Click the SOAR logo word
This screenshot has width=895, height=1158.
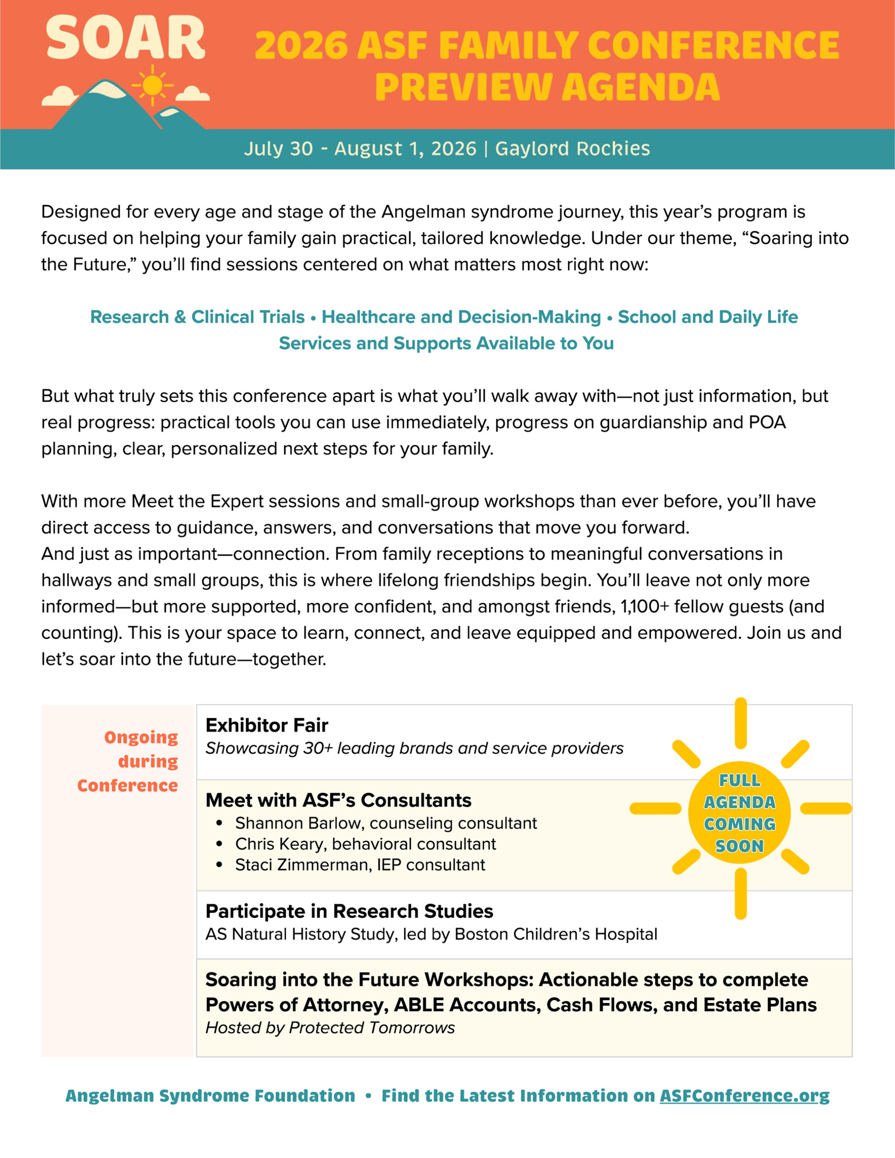(x=125, y=38)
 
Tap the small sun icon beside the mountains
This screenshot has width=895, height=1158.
(x=152, y=85)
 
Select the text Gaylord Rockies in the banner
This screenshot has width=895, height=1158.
(x=572, y=149)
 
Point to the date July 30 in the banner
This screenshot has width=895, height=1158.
(x=279, y=149)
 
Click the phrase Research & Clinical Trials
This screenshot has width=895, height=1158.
(x=197, y=317)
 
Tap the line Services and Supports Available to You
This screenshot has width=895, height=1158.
(x=446, y=344)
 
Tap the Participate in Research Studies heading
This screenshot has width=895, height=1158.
(x=349, y=911)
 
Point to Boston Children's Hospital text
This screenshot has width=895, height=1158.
(x=556, y=934)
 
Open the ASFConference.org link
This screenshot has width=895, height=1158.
(x=744, y=1096)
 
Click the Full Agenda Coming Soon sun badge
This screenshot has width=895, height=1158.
(x=739, y=813)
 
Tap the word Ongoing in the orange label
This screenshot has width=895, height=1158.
(x=141, y=737)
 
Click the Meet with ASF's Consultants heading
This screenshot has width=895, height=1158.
(x=338, y=800)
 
